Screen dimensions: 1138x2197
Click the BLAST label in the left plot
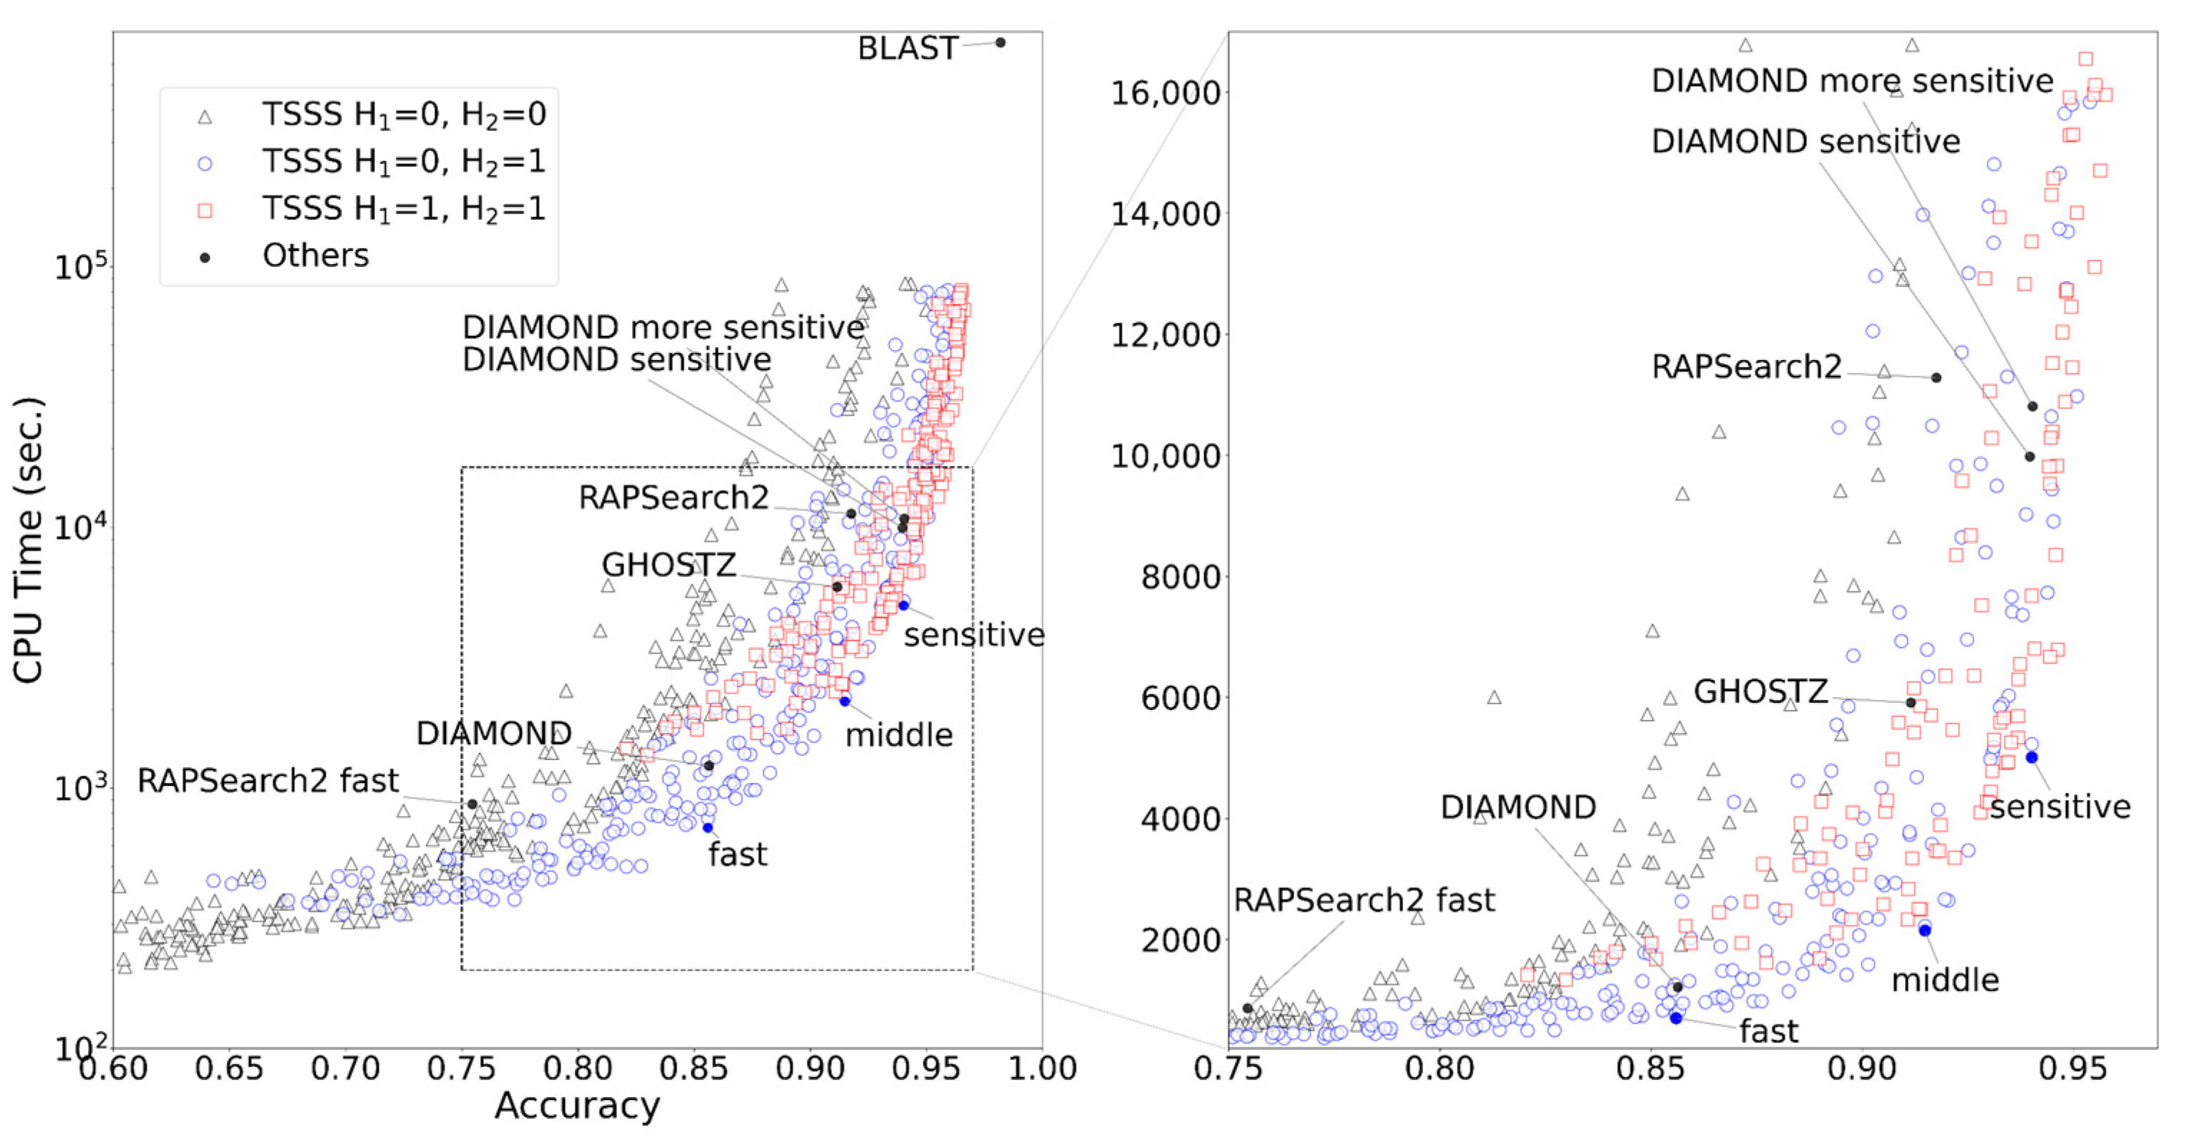(908, 49)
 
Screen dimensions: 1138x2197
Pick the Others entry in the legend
(316, 256)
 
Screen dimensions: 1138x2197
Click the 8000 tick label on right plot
(1180, 577)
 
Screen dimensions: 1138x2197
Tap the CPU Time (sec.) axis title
(28, 540)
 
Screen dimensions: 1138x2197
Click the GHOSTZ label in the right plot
(1760, 691)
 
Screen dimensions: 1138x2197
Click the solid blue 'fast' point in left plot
(707, 827)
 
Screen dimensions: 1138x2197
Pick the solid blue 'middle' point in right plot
(1925, 930)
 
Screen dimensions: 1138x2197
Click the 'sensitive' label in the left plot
(974, 635)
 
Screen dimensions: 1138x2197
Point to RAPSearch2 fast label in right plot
(1364, 900)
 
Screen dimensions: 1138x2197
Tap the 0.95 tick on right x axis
(2072, 1068)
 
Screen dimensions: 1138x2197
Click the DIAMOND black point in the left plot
(709, 766)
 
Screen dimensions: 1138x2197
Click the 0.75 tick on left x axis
(462, 1068)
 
